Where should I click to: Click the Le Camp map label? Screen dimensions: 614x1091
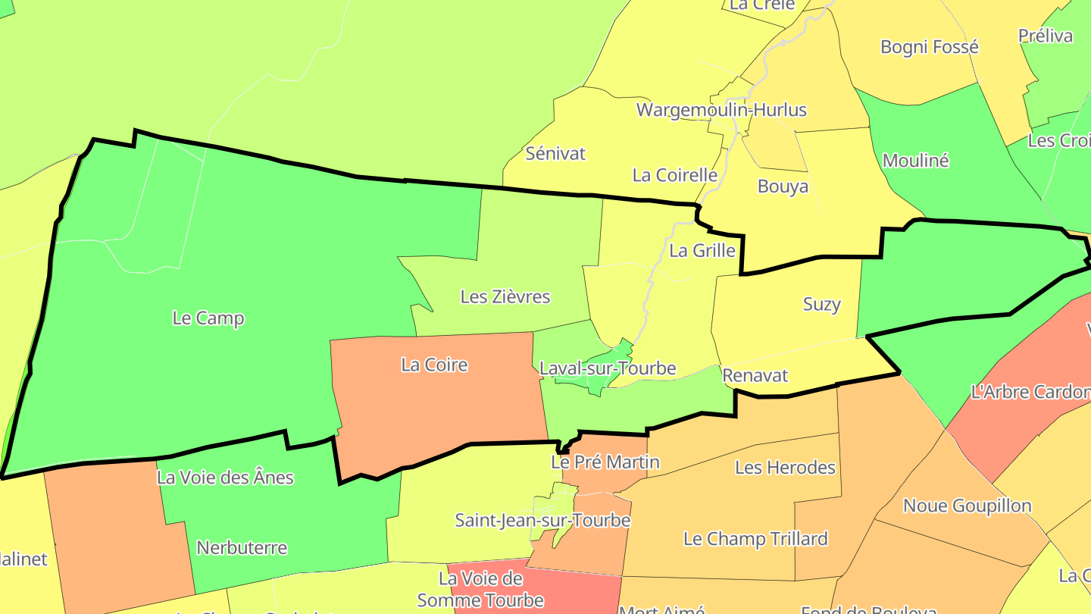pos(208,318)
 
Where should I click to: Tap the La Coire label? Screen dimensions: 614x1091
pos(434,365)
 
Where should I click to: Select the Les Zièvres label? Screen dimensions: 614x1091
pos(505,297)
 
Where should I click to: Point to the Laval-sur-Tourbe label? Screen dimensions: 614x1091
pos(608,369)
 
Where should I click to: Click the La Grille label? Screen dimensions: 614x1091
pos(702,251)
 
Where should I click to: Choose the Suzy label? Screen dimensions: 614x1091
pos(822,305)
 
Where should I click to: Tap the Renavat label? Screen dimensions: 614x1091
pos(755,376)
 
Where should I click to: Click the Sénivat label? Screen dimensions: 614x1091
pos(556,154)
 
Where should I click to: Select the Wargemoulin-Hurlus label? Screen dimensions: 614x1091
pos(721,110)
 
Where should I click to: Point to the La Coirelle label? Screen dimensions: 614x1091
pos(674,175)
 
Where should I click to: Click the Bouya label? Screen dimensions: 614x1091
pos(783,186)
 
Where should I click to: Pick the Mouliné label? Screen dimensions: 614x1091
pos(916,161)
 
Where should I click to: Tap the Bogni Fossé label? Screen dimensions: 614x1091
pos(930,47)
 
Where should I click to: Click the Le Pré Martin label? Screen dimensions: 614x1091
pos(605,462)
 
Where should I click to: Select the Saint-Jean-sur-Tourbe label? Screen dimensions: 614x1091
pos(542,521)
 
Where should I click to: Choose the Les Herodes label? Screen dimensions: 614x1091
pos(785,468)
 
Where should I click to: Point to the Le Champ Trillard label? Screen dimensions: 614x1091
pos(755,539)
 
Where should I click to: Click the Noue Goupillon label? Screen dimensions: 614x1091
pos(968,506)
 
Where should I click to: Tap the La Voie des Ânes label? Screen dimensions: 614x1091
pos(225,478)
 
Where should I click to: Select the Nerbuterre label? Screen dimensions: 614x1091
pos(242,547)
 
